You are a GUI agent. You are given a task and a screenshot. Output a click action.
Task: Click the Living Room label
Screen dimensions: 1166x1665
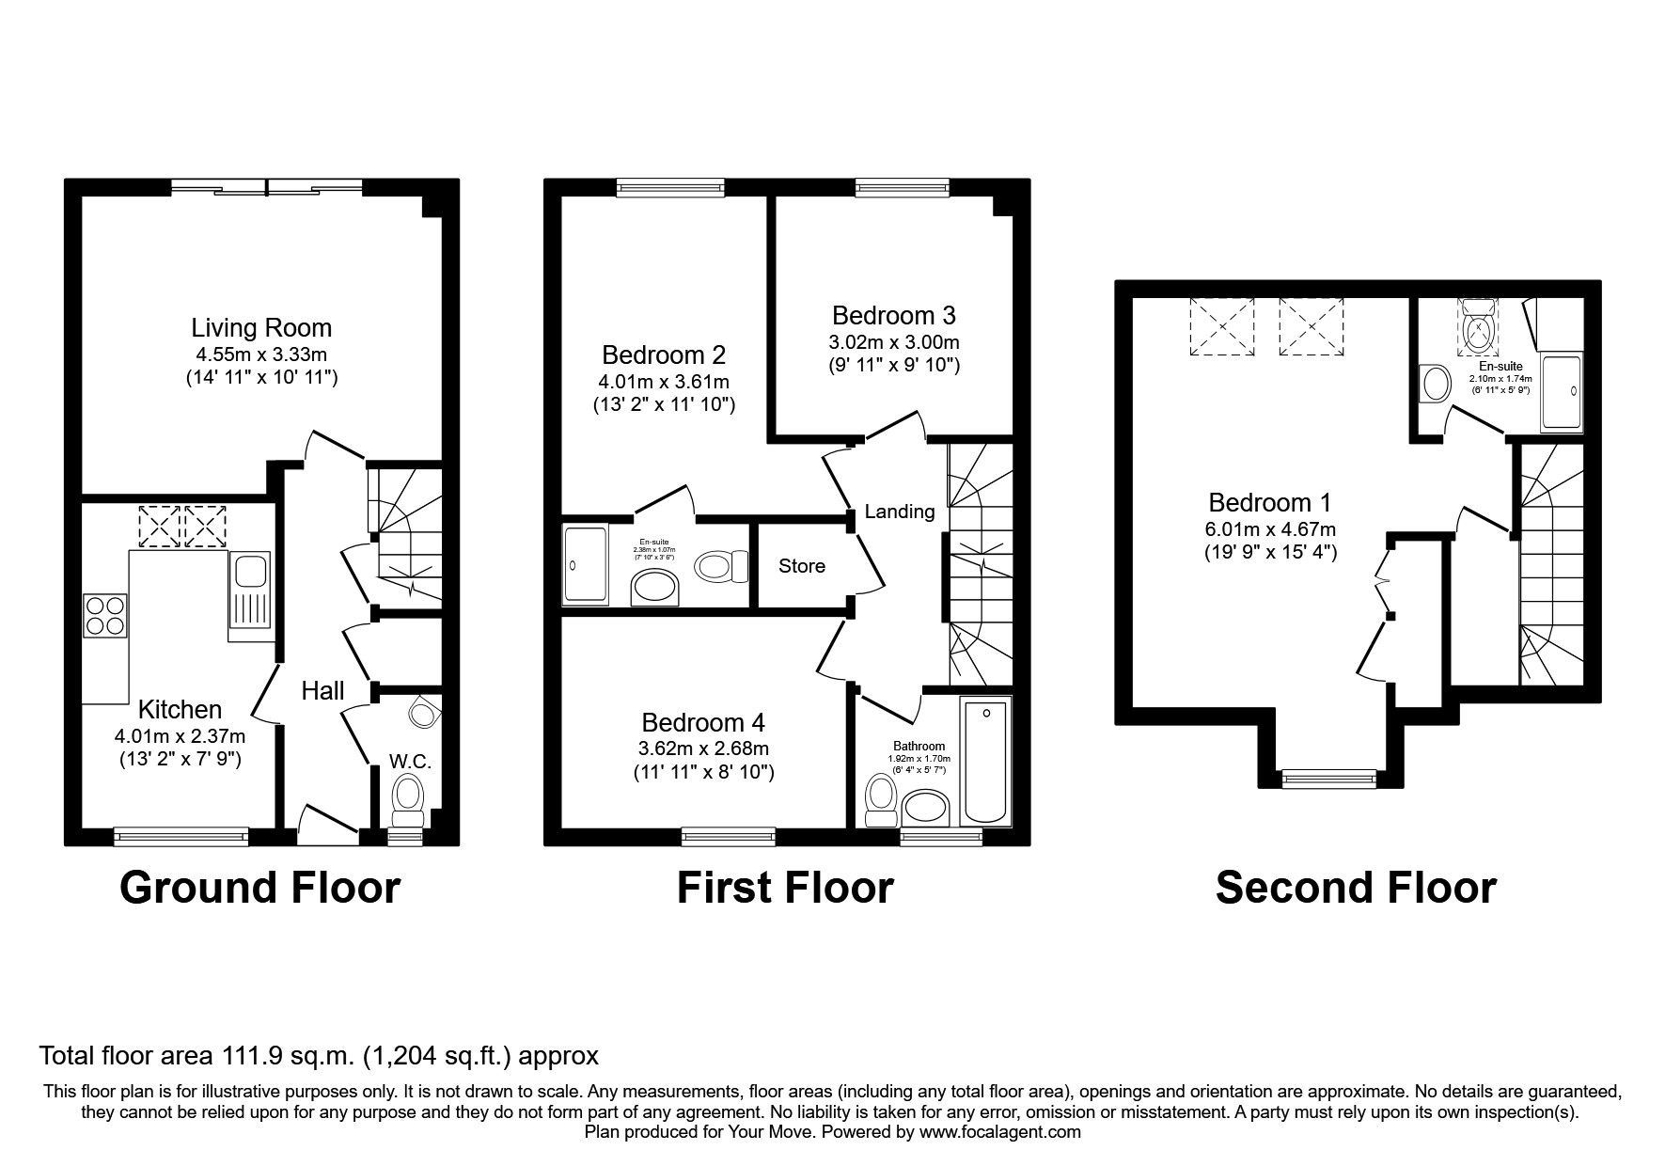point(261,328)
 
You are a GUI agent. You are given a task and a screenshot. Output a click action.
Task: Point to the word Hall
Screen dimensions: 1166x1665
point(322,691)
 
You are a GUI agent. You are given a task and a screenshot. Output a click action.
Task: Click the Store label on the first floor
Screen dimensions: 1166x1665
point(801,566)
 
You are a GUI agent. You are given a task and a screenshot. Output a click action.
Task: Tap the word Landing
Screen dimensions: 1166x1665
point(900,512)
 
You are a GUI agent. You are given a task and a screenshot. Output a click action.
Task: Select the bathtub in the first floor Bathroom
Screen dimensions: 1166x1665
point(985,761)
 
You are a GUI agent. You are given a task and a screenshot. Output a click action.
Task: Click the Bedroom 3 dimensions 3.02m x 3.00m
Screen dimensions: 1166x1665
point(894,342)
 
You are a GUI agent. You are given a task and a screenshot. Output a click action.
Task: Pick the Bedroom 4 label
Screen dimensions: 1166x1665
point(702,723)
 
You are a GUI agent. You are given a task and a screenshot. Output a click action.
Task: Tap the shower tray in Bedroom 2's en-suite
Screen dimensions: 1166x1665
point(586,564)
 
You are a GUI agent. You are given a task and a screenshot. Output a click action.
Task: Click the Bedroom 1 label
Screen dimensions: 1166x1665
point(1269,503)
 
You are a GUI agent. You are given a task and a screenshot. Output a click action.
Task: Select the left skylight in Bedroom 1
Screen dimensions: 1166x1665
point(1222,327)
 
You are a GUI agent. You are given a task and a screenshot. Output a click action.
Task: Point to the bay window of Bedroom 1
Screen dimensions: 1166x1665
point(1329,777)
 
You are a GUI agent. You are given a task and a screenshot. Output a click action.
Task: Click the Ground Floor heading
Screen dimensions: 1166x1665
point(259,888)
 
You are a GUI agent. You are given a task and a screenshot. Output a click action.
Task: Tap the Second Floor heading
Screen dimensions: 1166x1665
point(1355,888)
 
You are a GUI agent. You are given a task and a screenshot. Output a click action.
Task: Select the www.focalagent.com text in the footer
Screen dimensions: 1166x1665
point(999,1132)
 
